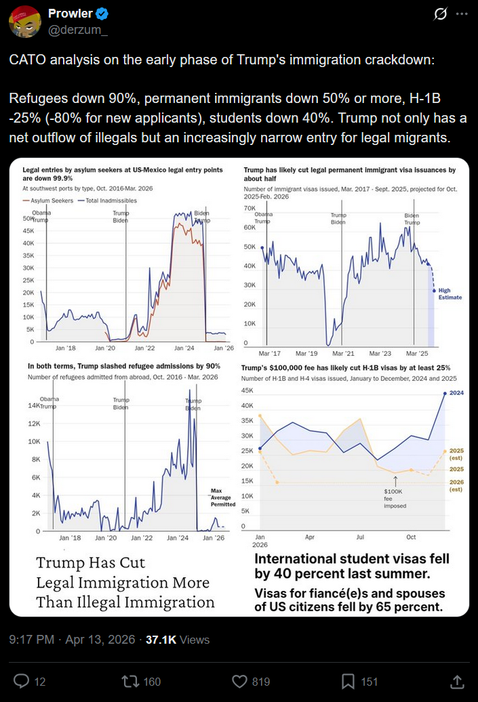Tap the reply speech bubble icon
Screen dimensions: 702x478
pyautogui.click(x=22, y=681)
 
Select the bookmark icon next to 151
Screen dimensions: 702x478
pyautogui.click(x=348, y=681)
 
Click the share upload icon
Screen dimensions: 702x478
pyautogui.click(x=457, y=681)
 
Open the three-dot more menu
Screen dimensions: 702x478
pyautogui.click(x=462, y=14)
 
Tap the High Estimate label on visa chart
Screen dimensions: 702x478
pyautogui.click(x=449, y=294)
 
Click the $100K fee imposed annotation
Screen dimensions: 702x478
pyautogui.click(x=394, y=498)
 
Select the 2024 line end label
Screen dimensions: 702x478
pyautogui.click(x=456, y=393)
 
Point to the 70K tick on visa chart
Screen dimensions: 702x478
pyautogui.click(x=249, y=208)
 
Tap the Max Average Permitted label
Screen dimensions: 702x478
pyautogui.click(x=222, y=497)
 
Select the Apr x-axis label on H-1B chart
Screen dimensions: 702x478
pyautogui.click(x=310, y=536)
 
